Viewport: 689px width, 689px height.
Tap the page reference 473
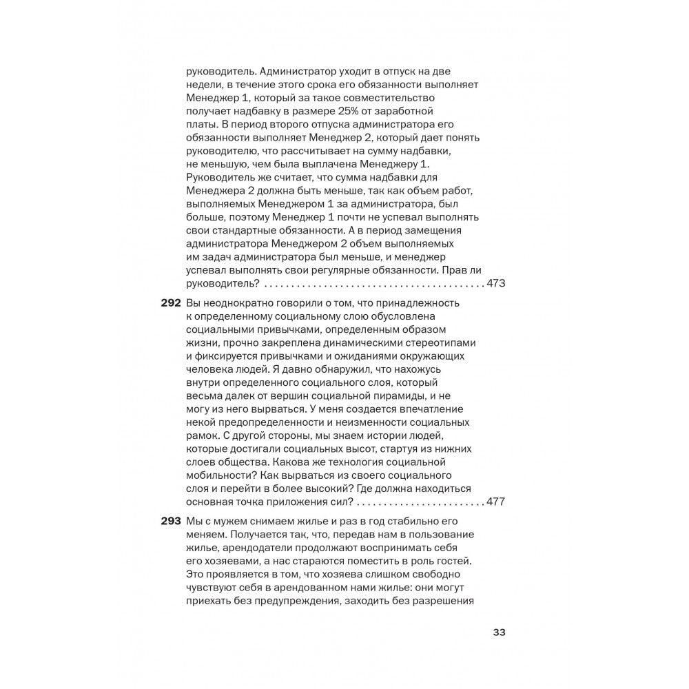pos(496,283)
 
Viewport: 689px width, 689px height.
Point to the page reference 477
pos(496,501)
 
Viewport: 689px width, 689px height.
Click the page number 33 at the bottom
pos(499,633)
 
